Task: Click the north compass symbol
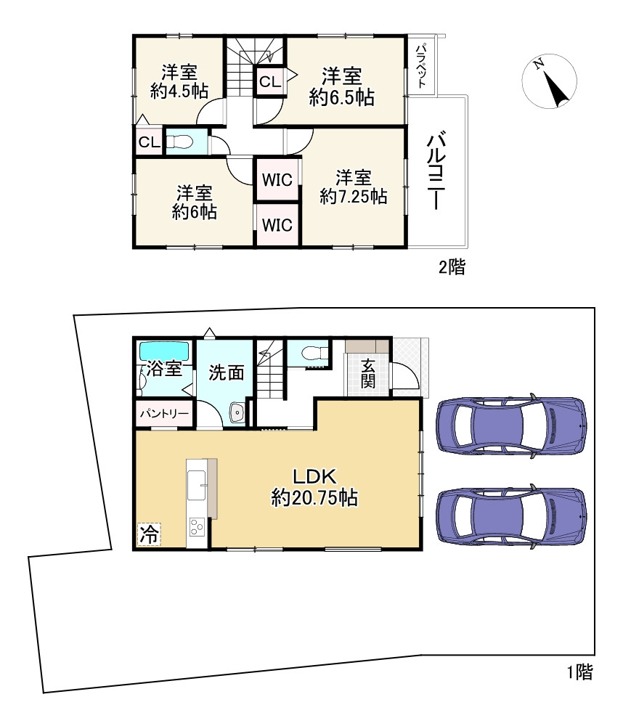(x=550, y=81)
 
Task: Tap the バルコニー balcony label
(x=436, y=170)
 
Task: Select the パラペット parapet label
(x=421, y=66)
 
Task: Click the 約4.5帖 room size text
(x=179, y=91)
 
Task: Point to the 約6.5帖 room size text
(x=342, y=97)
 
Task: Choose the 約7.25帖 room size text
(x=354, y=197)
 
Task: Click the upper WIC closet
(x=277, y=179)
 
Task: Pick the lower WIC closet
(x=277, y=225)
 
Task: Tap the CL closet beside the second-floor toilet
(x=149, y=142)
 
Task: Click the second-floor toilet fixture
(x=179, y=142)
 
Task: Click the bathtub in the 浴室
(x=164, y=351)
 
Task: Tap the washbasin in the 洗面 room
(x=237, y=412)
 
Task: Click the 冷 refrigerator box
(x=149, y=534)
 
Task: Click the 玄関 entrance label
(x=368, y=374)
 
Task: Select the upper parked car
(x=511, y=425)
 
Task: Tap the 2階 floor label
(x=452, y=267)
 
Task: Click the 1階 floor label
(x=580, y=672)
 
